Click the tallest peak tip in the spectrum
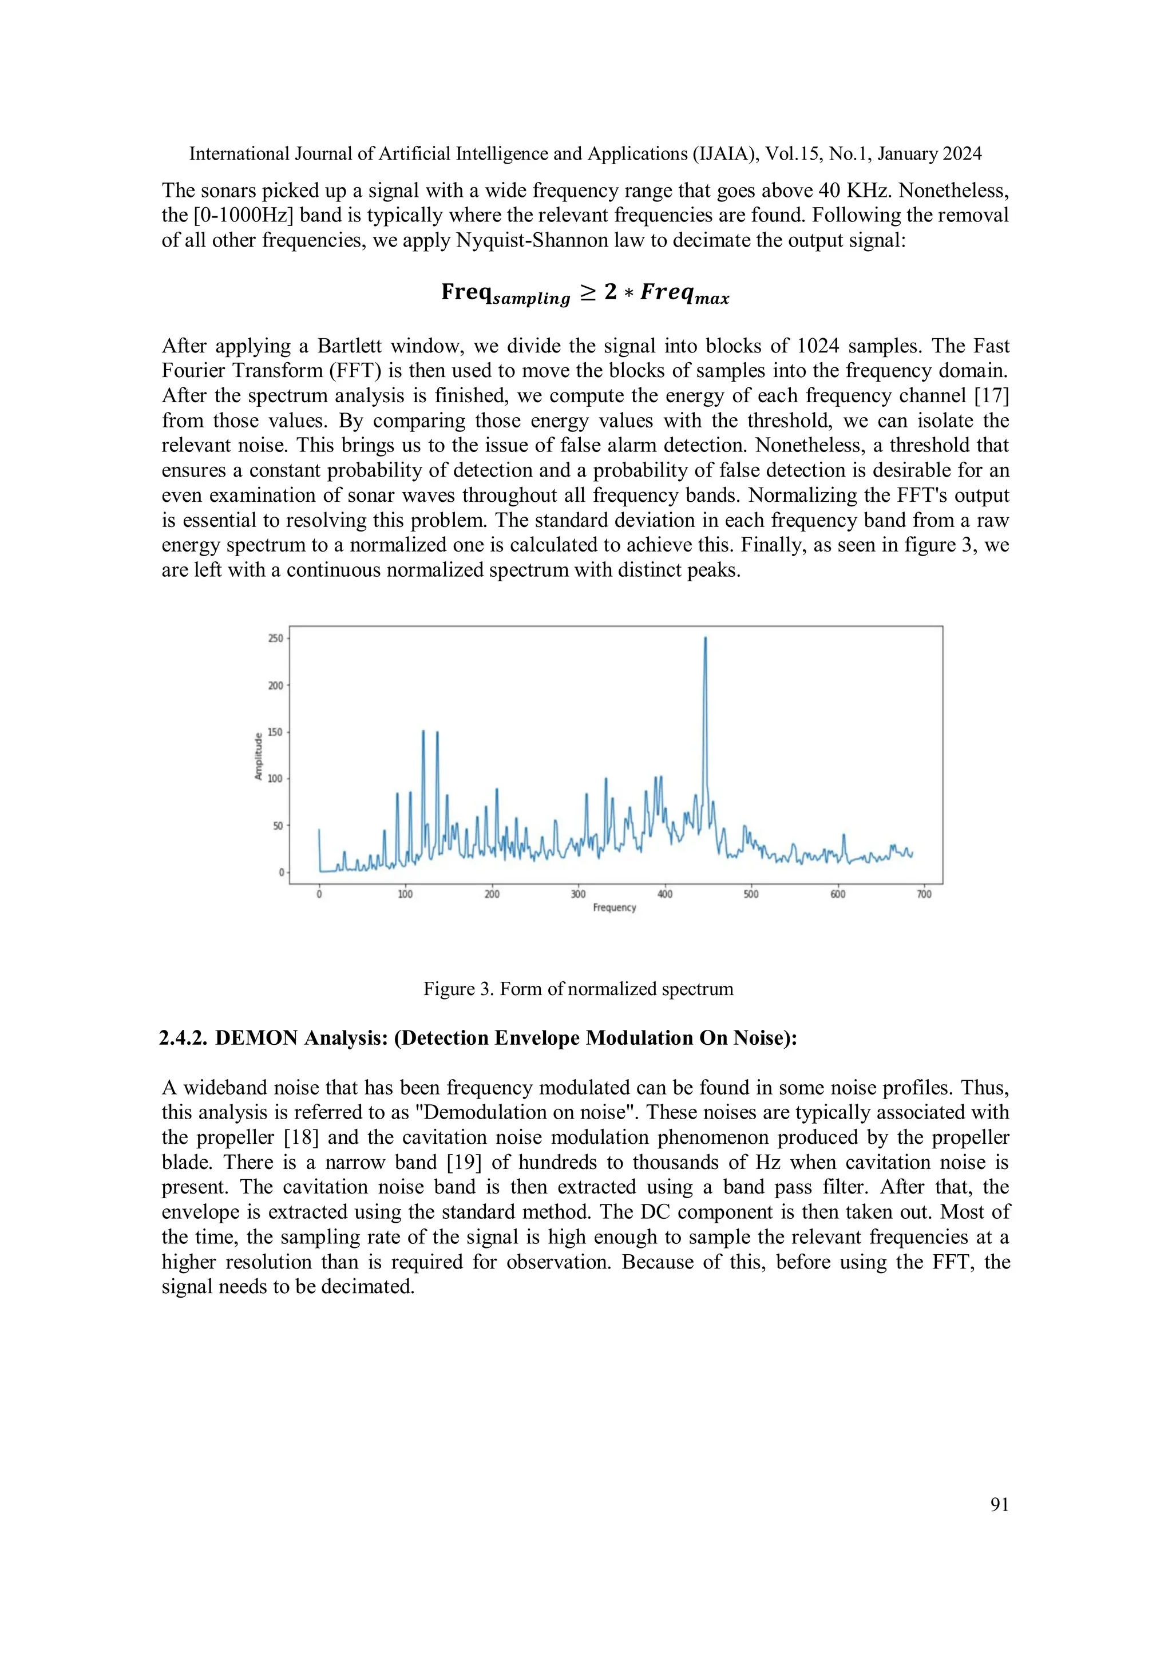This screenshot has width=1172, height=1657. tap(705, 638)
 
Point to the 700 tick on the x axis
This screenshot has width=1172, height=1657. tap(924, 894)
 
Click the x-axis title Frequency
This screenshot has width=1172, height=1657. tap(614, 908)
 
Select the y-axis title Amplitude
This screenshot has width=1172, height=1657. tap(258, 756)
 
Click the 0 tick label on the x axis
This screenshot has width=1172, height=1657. tap(319, 894)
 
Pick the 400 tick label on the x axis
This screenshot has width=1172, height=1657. tap(664, 894)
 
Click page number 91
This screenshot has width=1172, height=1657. tap(1000, 1505)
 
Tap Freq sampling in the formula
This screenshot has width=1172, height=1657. tap(505, 294)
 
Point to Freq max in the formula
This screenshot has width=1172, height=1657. tap(684, 294)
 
